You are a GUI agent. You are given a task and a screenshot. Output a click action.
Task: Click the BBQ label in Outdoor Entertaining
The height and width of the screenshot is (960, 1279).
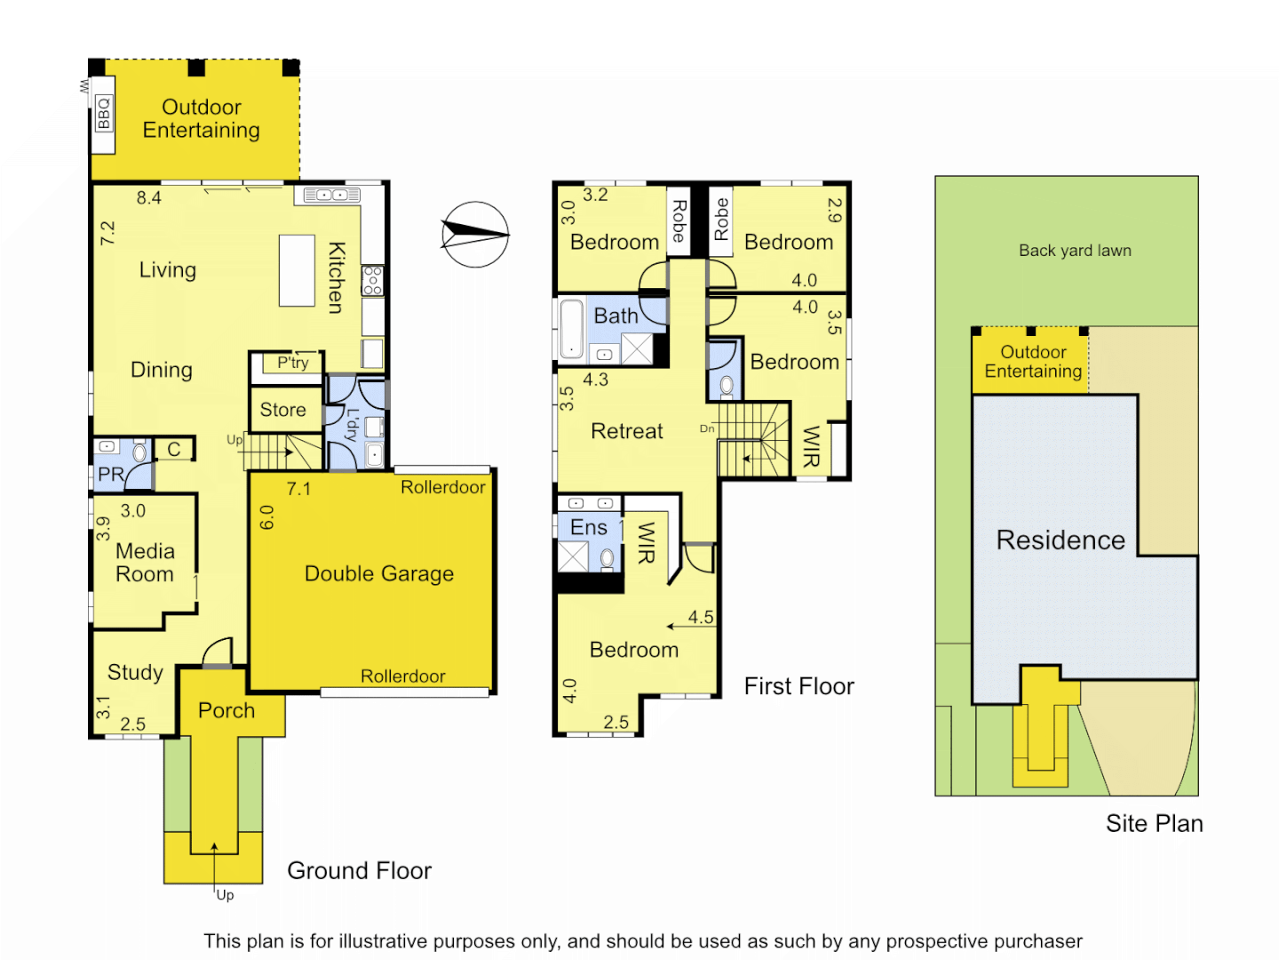pos(104,114)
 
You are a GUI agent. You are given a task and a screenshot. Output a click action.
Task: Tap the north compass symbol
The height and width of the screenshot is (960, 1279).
pos(475,235)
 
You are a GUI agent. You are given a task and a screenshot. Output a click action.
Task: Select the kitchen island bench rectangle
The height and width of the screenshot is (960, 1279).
pos(297,270)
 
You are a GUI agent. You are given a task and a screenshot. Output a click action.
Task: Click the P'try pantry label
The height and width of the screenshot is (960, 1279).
pos(292,363)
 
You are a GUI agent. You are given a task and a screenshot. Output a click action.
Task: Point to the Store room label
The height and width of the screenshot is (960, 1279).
pos(282,410)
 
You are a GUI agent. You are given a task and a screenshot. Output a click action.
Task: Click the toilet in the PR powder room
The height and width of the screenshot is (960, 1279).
pos(139,452)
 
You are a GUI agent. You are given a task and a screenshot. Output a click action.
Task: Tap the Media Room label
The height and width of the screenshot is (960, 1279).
pos(145,563)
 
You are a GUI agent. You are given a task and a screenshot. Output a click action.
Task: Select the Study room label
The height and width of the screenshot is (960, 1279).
pos(135,672)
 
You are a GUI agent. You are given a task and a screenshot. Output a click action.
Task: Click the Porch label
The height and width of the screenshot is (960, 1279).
pos(226,710)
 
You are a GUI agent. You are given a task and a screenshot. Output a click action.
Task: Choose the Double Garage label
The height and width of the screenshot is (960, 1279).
pos(379,573)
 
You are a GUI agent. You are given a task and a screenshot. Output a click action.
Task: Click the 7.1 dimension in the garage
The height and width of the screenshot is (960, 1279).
pos(298,489)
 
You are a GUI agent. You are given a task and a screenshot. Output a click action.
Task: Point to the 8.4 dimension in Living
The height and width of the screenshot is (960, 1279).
pos(148,198)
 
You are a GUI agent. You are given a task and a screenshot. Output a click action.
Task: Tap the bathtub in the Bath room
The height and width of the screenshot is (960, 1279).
pos(571,328)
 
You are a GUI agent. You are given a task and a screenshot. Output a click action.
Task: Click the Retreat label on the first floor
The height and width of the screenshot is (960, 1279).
pos(627,431)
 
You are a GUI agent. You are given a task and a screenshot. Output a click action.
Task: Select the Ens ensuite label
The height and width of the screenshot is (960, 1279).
pos(588,527)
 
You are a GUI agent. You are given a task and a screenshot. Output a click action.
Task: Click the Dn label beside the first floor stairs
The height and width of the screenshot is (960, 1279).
pos(707,428)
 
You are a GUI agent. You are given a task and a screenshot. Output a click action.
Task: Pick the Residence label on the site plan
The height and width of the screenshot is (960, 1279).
pos(1061,540)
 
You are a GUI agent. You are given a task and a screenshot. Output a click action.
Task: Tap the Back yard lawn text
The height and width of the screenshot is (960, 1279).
pos(1075,251)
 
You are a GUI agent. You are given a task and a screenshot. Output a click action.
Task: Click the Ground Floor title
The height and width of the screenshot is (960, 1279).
pos(359,870)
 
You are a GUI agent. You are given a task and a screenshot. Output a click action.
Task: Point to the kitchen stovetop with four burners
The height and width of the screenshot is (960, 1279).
pos(373,280)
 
